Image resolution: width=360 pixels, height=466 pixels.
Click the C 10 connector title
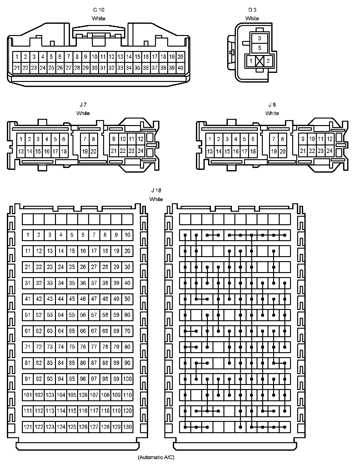[x=98, y=10]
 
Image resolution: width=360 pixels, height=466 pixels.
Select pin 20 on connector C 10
[x=180, y=57]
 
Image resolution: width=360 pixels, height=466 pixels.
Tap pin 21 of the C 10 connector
[x=17, y=68]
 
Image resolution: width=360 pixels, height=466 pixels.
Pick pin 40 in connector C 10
[x=180, y=68]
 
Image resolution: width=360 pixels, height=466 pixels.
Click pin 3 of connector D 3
[x=259, y=38]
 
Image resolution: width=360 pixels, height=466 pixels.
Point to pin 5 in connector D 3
[x=259, y=48]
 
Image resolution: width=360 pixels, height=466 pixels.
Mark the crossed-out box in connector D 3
[x=259, y=61]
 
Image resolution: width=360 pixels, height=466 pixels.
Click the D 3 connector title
[x=252, y=10]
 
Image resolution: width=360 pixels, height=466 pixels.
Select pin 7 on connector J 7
[x=85, y=139]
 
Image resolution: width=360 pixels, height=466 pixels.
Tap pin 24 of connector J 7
[x=141, y=151]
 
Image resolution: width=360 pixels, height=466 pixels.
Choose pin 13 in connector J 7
[x=21, y=152]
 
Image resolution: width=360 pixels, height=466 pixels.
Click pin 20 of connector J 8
[x=282, y=152]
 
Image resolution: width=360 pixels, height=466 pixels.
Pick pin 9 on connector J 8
[x=302, y=139]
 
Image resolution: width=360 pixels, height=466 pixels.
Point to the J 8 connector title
[x=272, y=105]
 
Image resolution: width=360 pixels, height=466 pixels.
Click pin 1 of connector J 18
[x=28, y=235]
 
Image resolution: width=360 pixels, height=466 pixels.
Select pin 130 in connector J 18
[x=127, y=427]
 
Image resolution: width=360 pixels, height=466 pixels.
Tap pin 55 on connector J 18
[x=72, y=315]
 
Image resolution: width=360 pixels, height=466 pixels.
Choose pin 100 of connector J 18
[x=127, y=379]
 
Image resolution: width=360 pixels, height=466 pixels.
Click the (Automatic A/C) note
[x=156, y=457]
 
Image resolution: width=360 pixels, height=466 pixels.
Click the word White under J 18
[x=156, y=199]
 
